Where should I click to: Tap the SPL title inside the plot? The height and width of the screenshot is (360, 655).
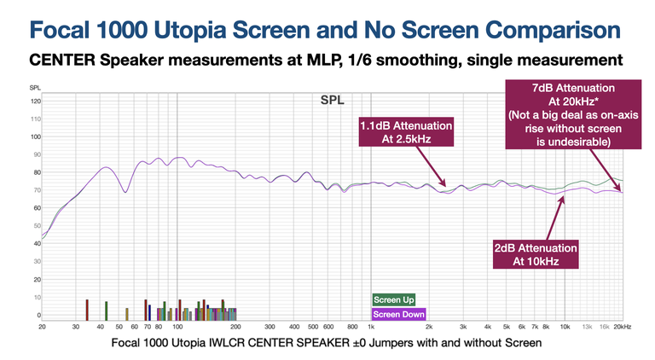tap(333, 99)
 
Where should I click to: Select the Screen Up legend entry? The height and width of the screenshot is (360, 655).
tap(393, 299)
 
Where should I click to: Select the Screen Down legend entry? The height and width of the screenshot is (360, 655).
tap(399, 313)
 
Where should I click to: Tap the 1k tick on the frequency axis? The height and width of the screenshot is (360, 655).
tap(371, 326)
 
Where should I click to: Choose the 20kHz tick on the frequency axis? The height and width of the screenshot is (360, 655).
tap(623, 326)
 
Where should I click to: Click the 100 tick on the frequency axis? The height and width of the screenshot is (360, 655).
tap(177, 326)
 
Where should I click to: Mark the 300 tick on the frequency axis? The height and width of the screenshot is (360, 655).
tap(270, 326)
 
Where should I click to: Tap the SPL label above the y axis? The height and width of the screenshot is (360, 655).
tap(33, 88)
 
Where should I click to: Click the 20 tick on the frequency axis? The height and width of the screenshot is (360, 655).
tap(41, 326)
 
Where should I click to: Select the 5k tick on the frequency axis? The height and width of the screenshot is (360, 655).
tap(507, 326)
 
